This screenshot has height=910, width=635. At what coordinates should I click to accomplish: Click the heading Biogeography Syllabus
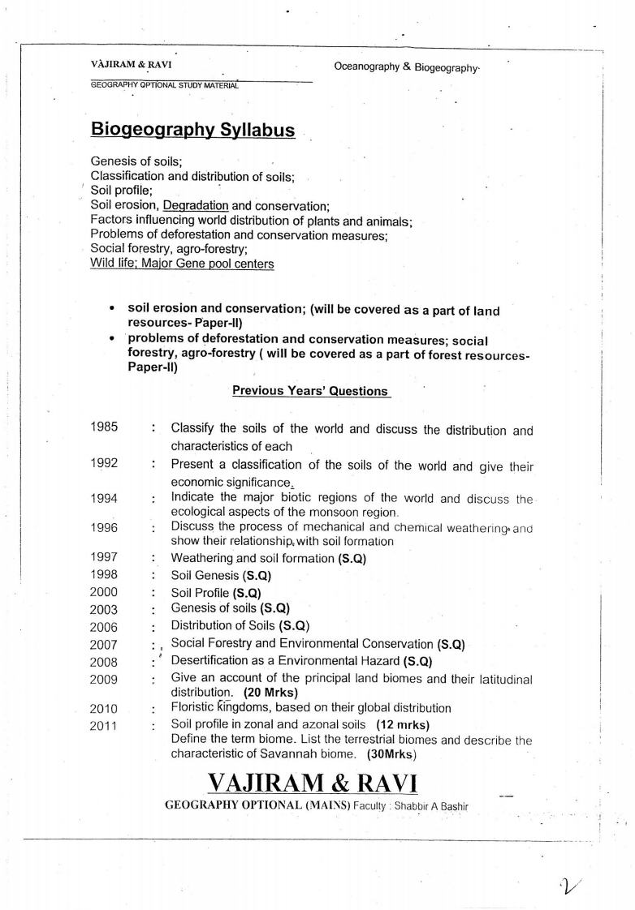point(192,130)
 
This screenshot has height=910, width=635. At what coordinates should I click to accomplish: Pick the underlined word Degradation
point(196,205)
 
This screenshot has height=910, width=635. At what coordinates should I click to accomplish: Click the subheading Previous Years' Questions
point(310,391)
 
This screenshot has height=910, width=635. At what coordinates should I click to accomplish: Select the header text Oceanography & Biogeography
point(407,67)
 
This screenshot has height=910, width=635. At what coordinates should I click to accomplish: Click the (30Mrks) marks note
point(391,753)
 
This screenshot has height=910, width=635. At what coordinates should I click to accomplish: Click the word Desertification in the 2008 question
point(210,660)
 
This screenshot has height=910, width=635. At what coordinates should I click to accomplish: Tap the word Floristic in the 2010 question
point(194,707)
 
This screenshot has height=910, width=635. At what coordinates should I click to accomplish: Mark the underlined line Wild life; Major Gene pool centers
point(182,264)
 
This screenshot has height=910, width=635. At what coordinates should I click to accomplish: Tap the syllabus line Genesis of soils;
point(136,161)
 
